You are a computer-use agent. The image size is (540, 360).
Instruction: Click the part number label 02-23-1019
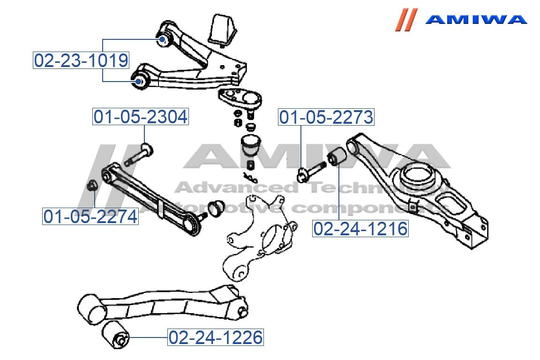(x=81, y=60)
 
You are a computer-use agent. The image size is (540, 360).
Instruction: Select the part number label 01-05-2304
(x=141, y=117)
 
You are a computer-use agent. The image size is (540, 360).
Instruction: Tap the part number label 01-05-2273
(x=326, y=117)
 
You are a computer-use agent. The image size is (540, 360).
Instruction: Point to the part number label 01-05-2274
(x=91, y=216)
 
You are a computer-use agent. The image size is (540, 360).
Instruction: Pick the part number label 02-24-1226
(x=216, y=337)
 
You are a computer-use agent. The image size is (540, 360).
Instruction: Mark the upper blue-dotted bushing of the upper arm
(x=163, y=39)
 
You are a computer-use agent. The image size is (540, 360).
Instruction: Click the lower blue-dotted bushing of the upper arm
(x=139, y=82)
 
